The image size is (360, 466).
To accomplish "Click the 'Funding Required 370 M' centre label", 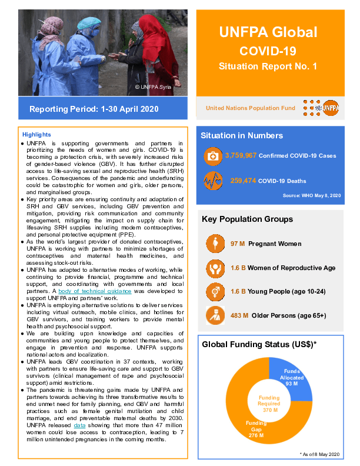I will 269,404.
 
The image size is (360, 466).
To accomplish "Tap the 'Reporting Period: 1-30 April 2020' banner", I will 94,109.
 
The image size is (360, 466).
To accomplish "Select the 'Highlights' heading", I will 36,135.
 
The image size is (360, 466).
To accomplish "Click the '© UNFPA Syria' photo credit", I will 154,86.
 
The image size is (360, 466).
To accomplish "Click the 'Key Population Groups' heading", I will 247,219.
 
